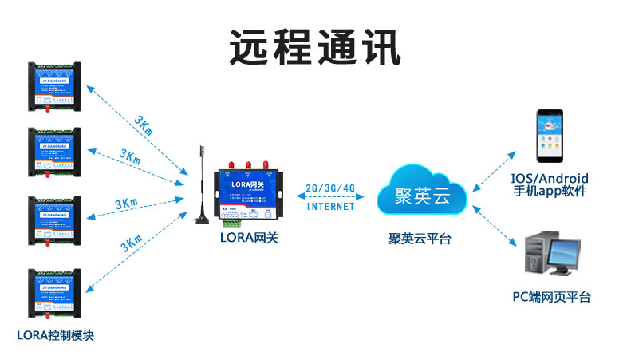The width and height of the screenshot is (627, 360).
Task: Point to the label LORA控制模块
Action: [55, 334]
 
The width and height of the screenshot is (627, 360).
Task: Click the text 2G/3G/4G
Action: [330, 188]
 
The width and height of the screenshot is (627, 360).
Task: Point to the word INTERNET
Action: [330, 207]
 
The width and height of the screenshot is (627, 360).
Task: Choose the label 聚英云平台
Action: [420, 238]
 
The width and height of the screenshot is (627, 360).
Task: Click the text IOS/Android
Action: [550, 177]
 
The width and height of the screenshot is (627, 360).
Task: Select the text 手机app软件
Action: [550, 192]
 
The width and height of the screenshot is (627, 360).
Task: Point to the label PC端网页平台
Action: [551, 297]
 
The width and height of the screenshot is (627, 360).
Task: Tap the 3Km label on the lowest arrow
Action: [132, 244]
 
